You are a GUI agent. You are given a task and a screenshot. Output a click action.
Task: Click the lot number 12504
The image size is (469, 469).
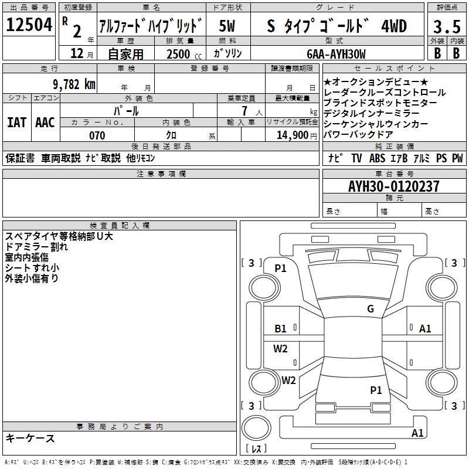[x=29, y=25]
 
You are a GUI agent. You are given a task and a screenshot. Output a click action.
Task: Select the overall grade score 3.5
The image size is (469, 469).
[x=447, y=26]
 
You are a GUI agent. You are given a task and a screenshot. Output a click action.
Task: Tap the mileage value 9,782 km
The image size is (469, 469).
[x=74, y=84]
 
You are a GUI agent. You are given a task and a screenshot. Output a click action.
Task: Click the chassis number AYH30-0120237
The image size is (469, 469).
[x=393, y=186]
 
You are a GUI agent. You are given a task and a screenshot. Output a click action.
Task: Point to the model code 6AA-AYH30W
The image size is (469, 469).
[x=336, y=54]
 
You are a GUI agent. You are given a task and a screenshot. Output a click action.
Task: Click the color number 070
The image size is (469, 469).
[x=97, y=135]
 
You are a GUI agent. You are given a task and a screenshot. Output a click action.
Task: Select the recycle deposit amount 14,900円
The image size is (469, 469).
[x=297, y=135]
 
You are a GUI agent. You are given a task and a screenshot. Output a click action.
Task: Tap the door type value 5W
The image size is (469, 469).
[x=227, y=26]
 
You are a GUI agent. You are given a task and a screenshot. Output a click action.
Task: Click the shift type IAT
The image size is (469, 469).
[x=17, y=123]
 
